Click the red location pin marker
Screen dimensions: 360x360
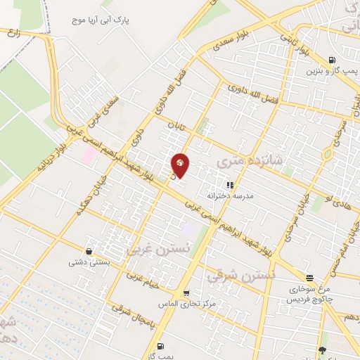181,165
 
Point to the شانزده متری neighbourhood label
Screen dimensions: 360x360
259,162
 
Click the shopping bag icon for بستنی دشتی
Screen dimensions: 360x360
89,251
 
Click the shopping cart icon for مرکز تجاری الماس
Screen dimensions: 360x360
186,293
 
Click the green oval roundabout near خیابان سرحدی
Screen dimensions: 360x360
328,155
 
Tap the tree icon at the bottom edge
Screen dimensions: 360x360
322,350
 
